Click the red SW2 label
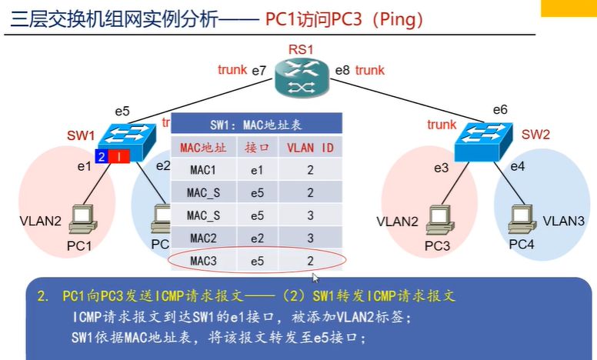point(536,135)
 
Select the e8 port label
point(342,70)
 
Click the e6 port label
point(500,110)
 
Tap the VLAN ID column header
point(310,145)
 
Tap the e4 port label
point(518,166)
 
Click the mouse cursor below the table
point(315,278)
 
